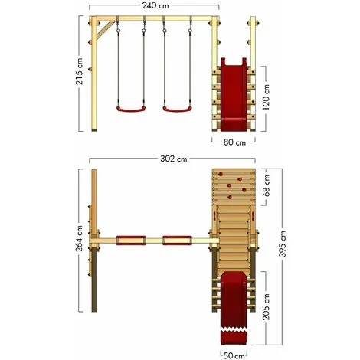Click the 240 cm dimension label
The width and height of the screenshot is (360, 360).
(x=155, y=5)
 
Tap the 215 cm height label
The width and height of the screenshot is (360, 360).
(x=79, y=72)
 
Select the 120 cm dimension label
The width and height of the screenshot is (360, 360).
(x=266, y=97)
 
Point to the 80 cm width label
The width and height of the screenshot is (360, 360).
(x=234, y=142)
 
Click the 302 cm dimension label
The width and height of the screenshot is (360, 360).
(x=174, y=159)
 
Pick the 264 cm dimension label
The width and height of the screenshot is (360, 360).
(x=79, y=238)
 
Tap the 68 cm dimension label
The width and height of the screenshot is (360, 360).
(x=267, y=185)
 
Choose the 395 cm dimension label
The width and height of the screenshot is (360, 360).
(x=283, y=244)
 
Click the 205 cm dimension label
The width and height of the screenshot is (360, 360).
(x=267, y=307)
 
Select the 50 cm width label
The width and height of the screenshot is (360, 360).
(x=234, y=355)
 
